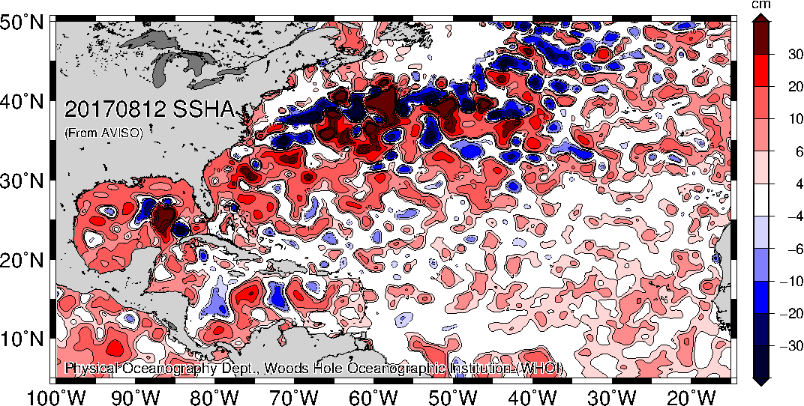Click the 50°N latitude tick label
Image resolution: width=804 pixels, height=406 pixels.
click(23, 23)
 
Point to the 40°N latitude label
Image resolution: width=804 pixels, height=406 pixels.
click(23, 102)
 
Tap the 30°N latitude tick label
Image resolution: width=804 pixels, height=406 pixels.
click(23, 181)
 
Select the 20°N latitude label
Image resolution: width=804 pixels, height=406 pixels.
click(23, 260)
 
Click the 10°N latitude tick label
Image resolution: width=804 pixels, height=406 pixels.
click(23, 339)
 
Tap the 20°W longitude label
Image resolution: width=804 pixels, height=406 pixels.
click(690, 396)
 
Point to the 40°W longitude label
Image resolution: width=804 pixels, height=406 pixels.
click(532, 396)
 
